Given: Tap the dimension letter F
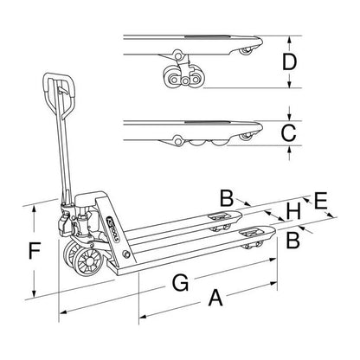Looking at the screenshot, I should click(33, 253).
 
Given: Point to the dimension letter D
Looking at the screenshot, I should click(291, 63).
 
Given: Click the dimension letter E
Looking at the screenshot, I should click(319, 202).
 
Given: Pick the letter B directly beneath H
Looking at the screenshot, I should click(292, 235).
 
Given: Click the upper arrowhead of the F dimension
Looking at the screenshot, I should click(35, 207).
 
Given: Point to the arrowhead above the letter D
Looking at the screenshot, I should click(291, 40).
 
